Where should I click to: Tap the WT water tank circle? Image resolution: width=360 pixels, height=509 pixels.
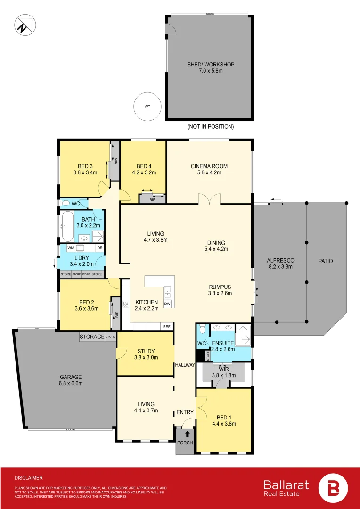[147, 107]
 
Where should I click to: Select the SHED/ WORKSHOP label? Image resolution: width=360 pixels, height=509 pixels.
[210, 65]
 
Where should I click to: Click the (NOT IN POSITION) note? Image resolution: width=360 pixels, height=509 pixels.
[210, 127]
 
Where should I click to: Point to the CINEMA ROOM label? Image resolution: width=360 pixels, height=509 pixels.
[209, 166]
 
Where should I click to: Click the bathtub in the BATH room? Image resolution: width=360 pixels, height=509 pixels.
[66, 227]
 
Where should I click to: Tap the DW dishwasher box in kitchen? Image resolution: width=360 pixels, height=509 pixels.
[167, 304]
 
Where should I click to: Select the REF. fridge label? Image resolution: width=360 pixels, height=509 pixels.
[167, 326]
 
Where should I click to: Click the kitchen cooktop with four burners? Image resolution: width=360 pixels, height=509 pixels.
[126, 304]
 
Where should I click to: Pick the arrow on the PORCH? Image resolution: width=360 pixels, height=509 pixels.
[188, 434]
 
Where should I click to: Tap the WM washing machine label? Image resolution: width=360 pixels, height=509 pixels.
[70, 248]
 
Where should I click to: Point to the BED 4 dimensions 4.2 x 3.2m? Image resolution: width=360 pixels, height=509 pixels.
[146, 172]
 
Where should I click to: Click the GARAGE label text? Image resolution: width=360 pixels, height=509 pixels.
[71, 377]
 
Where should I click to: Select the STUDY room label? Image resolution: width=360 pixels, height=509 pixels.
[146, 351]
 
